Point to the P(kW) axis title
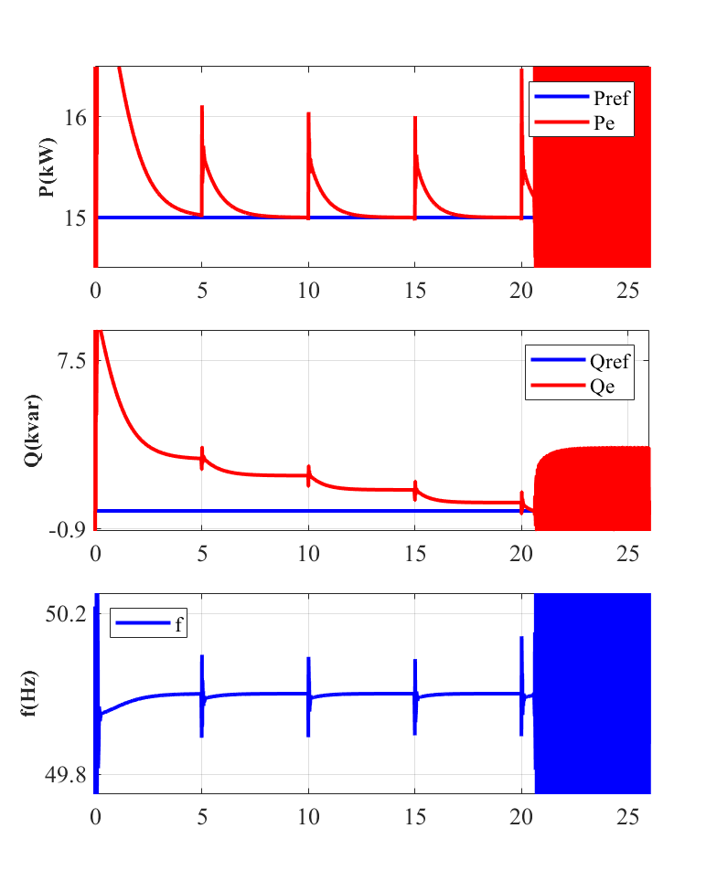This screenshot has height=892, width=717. [47, 167]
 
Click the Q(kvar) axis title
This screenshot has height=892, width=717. [32, 430]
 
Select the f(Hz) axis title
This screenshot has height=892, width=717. [32, 693]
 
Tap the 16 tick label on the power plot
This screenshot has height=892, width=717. [74, 117]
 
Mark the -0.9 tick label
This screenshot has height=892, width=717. [67, 529]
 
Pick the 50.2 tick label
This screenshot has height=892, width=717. [66, 613]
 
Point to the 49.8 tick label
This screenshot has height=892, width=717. [66, 775]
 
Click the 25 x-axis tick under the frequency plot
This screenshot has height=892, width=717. [628, 817]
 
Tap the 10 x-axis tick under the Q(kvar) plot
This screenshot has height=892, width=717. [308, 553]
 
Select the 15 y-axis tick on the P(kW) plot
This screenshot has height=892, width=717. [74, 218]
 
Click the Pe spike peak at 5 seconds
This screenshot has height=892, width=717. [202, 107]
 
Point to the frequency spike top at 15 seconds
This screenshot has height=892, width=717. [415, 660]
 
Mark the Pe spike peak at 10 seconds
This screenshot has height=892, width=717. [309, 113]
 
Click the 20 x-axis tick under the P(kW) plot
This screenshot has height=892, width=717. [521, 291]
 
